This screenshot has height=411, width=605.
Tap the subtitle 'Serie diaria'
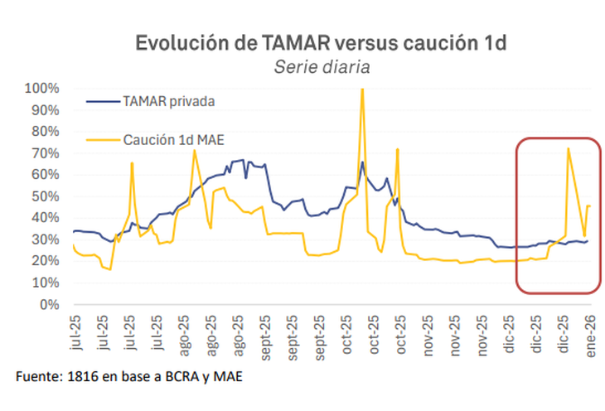tap(322, 66)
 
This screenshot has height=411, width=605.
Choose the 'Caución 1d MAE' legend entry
tap(170, 141)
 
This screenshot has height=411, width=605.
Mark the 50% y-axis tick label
tap(44, 196)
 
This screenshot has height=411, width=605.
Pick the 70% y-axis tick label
tap(44, 153)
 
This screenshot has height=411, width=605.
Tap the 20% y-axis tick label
tap(44, 261)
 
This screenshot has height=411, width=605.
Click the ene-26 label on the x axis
tap(592, 338)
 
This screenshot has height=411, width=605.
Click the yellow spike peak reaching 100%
tap(362, 89)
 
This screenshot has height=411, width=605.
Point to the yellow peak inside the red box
tap(568, 148)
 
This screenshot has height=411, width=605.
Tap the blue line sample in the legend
tap(102, 101)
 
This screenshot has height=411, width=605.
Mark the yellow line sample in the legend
tap(102, 141)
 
